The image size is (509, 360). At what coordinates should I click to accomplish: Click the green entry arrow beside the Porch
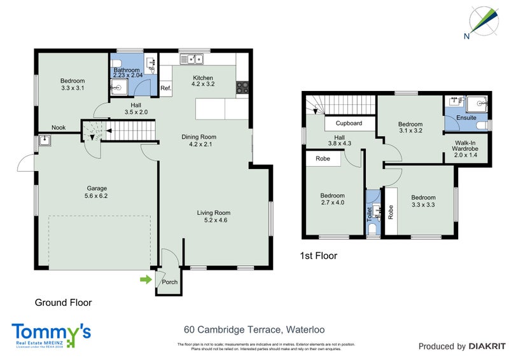pos(147,279)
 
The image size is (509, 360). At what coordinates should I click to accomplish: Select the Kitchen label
pos(203,78)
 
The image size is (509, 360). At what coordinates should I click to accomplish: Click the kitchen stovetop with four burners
pos(242,87)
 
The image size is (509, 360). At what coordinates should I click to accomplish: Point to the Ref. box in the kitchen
pos(166,88)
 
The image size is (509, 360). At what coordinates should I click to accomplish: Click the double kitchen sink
pos(191,60)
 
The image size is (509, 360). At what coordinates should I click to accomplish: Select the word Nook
pos(59,127)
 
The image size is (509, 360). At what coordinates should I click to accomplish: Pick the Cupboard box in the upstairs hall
pos(349,123)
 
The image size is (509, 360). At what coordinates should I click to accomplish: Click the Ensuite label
pos(466,118)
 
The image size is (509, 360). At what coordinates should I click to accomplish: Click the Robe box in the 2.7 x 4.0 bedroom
pos(322,159)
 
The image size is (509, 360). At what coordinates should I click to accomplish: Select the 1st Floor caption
pos(318,256)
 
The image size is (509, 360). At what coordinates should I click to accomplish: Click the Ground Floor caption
pos(63,303)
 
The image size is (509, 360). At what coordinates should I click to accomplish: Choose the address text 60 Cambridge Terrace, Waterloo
pos(254,329)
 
